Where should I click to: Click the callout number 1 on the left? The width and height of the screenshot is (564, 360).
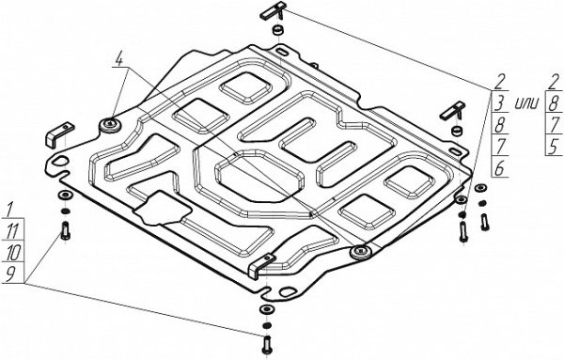(x=8, y=209)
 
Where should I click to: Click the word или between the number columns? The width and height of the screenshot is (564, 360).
(x=526, y=100)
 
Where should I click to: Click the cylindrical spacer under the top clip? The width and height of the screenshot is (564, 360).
(x=276, y=33)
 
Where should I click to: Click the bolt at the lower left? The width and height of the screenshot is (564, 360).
(x=65, y=229)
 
